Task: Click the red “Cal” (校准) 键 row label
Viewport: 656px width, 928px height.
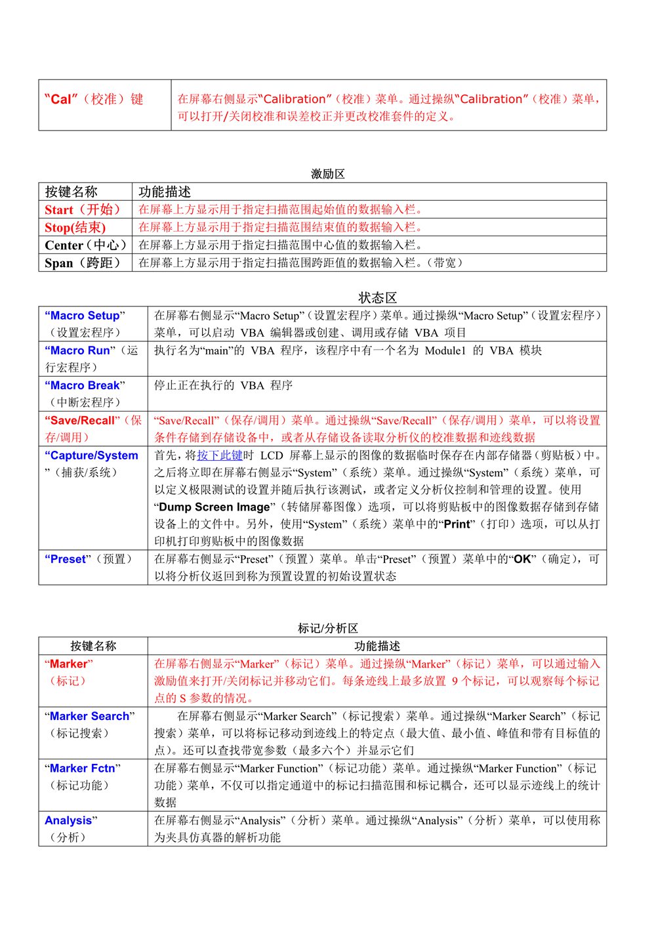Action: pos(94,100)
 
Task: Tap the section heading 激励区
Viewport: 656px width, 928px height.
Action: pos(327,174)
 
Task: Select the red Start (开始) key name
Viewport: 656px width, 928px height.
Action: pos(83,210)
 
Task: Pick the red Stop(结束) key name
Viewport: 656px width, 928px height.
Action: pos(75,228)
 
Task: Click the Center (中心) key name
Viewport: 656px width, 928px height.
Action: pos(85,245)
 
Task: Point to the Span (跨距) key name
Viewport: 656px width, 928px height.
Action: pos(83,263)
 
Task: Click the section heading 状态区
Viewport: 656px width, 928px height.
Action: pos(377,297)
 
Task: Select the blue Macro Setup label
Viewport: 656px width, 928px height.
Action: pos(85,316)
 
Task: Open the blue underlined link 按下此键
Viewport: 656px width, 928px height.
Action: pos(220,455)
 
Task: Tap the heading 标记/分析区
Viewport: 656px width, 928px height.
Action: pos(327,629)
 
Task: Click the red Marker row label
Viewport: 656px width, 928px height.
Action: pos(69,664)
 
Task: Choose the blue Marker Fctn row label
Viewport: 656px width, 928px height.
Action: pos(83,769)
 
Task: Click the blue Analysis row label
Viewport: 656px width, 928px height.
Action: pos(68,820)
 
